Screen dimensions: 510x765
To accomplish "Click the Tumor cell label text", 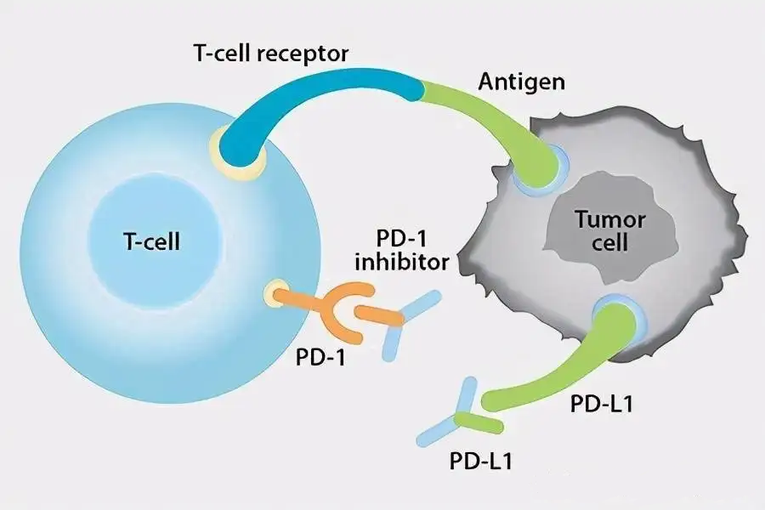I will pyautogui.click(x=610, y=230).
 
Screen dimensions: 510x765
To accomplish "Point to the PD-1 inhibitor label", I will pyautogui.click(x=401, y=248).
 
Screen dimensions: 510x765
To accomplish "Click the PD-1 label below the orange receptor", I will pyautogui.click(x=320, y=356).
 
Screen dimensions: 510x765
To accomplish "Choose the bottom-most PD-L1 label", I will pyautogui.click(x=481, y=463).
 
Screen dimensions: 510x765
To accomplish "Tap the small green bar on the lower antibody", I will pyautogui.click(x=479, y=421).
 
